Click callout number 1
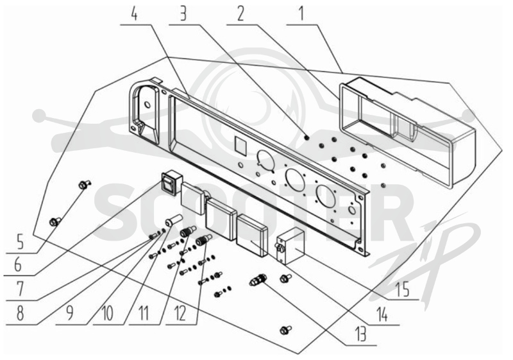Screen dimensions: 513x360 pyautogui.click(x=301, y=13)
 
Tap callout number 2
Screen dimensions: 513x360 pyautogui.click(x=242, y=14)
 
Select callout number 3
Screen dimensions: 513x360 pyautogui.click(x=183, y=14)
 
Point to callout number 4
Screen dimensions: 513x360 pyautogui.click(x=135, y=14)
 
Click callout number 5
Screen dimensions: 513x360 pyautogui.click(x=20, y=243)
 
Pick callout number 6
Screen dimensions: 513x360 pyautogui.click(x=19, y=264)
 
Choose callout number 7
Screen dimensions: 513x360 pyautogui.click(x=21, y=289)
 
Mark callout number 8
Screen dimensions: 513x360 pyautogui.click(x=21, y=313)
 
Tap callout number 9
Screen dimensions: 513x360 pyautogui.click(x=69, y=313)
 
